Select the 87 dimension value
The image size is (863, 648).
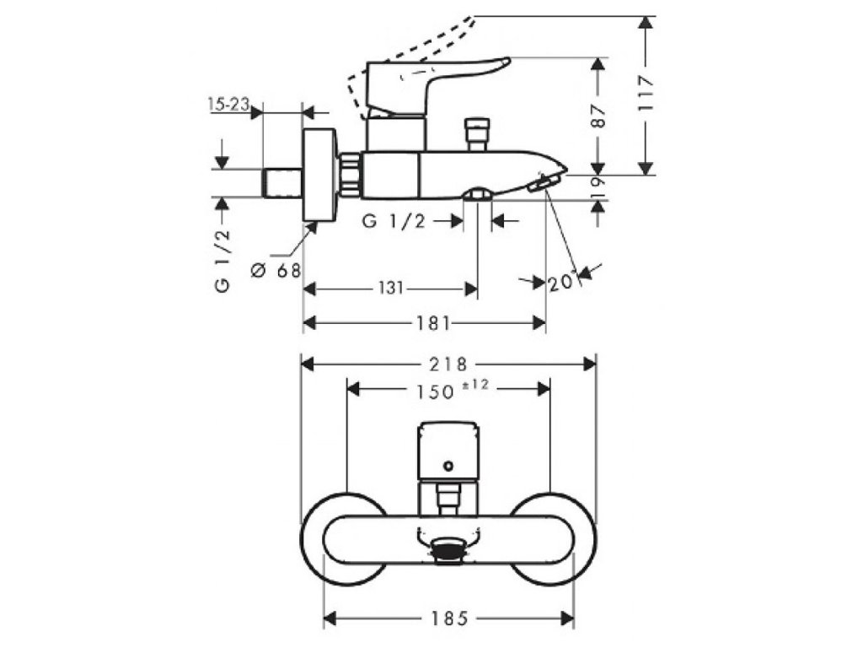coord(599,116)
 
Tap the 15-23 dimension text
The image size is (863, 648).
coord(228,104)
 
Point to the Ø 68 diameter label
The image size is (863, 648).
coord(276,270)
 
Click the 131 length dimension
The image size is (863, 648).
coord(390,289)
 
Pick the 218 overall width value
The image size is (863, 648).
coord(448,364)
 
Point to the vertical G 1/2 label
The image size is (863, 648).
coord(222,261)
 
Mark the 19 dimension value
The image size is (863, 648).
coord(599,186)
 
